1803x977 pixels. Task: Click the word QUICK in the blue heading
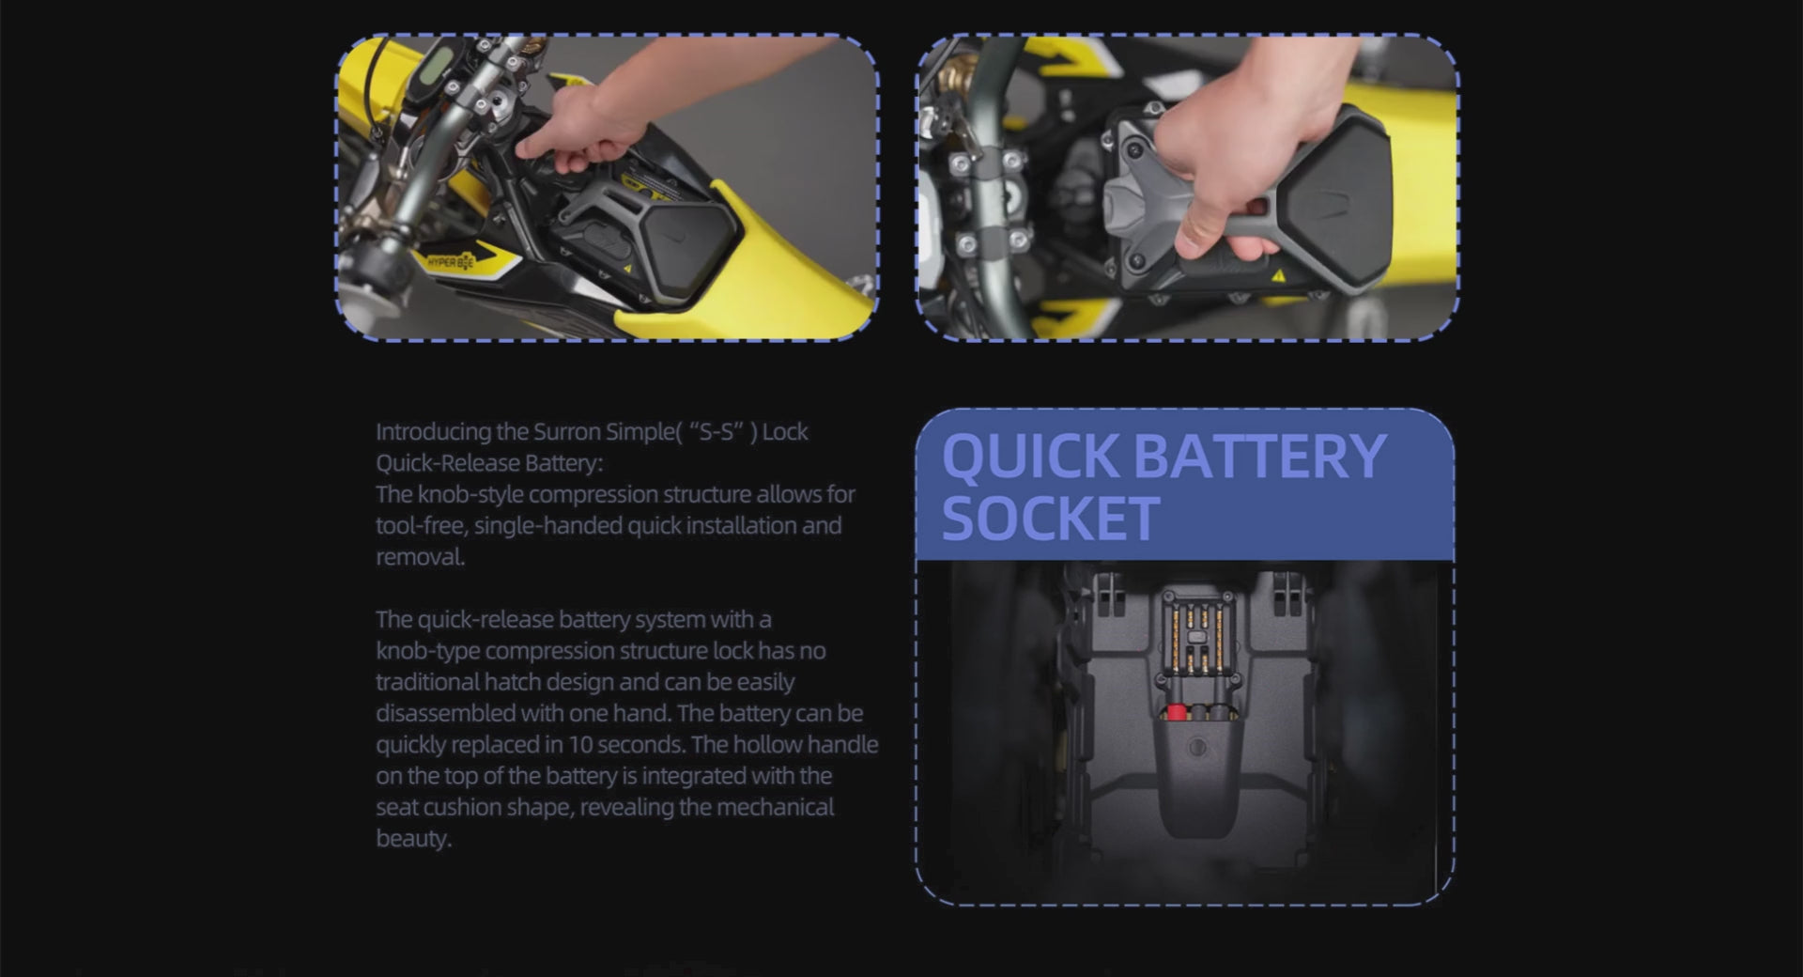point(1030,457)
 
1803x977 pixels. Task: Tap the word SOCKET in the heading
point(1050,519)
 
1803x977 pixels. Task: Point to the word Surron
point(567,432)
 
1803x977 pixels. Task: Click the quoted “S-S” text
point(722,432)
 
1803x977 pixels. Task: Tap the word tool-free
point(421,526)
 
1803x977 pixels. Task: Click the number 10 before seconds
point(580,745)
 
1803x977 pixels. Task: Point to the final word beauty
point(413,839)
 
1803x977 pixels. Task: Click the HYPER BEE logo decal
point(451,262)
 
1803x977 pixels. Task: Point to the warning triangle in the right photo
point(1278,276)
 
